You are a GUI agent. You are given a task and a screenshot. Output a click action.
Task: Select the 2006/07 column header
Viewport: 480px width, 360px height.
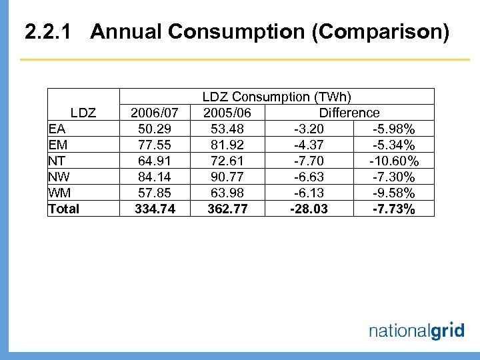tap(155, 113)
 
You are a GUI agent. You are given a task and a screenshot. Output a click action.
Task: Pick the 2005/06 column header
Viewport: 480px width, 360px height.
tap(227, 113)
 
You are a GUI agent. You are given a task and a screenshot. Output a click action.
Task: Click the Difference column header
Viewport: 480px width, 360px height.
tap(349, 113)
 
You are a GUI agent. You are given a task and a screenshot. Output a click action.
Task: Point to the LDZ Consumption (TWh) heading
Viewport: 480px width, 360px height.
tap(277, 97)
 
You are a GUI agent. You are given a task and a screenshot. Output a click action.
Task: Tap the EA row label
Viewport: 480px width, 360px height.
tap(57, 129)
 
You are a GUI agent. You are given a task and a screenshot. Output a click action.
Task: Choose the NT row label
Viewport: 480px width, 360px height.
tap(57, 161)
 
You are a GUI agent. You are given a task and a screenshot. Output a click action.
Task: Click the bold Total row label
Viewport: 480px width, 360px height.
tap(63, 209)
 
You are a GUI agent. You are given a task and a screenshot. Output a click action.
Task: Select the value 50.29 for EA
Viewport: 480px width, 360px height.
tap(155, 129)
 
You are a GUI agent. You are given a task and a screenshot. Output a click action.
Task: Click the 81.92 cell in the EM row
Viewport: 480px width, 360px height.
tap(227, 145)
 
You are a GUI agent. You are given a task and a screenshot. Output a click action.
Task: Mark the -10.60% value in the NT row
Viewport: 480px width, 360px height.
tap(394, 161)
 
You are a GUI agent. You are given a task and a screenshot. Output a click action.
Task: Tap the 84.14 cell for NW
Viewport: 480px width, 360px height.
tap(155, 177)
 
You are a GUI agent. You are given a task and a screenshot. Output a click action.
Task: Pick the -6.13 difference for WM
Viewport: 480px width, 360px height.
tap(307, 193)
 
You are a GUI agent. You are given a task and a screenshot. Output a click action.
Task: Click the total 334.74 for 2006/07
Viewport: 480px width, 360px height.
tap(155, 209)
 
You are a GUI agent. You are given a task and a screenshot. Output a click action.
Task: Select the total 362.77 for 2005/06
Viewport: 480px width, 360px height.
tap(227, 209)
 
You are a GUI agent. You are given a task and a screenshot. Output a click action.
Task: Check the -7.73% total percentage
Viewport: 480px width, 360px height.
tap(394, 209)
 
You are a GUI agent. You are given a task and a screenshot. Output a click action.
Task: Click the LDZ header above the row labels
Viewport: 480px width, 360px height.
tap(83, 113)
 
